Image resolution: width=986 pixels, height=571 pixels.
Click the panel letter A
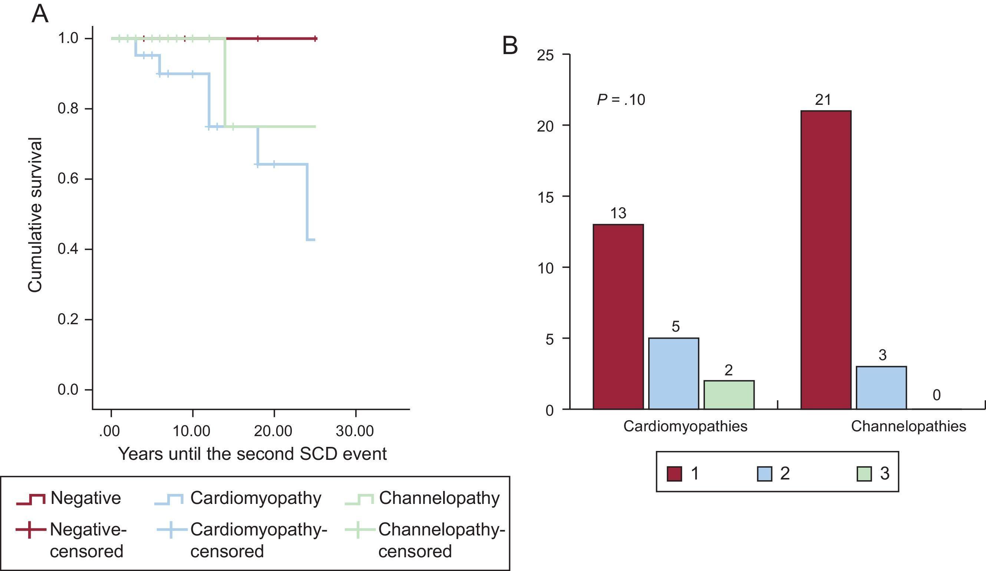pos(40,14)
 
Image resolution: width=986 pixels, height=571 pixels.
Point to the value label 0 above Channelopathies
pos(936,395)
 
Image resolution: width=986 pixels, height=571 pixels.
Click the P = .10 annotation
pos(621,100)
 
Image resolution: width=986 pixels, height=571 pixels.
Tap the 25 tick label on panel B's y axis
pos(545,56)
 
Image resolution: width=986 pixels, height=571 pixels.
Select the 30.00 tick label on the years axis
pos(355,431)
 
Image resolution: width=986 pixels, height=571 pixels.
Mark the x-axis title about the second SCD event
pos(253,454)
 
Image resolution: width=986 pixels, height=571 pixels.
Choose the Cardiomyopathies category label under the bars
pos(685,426)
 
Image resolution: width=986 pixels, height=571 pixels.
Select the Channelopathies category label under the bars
pos(908,426)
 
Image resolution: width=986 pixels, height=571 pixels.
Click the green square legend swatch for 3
pos(864,474)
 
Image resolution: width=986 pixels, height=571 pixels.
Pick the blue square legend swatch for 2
pos(764,474)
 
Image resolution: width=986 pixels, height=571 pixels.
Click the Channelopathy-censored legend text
pos(441,540)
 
